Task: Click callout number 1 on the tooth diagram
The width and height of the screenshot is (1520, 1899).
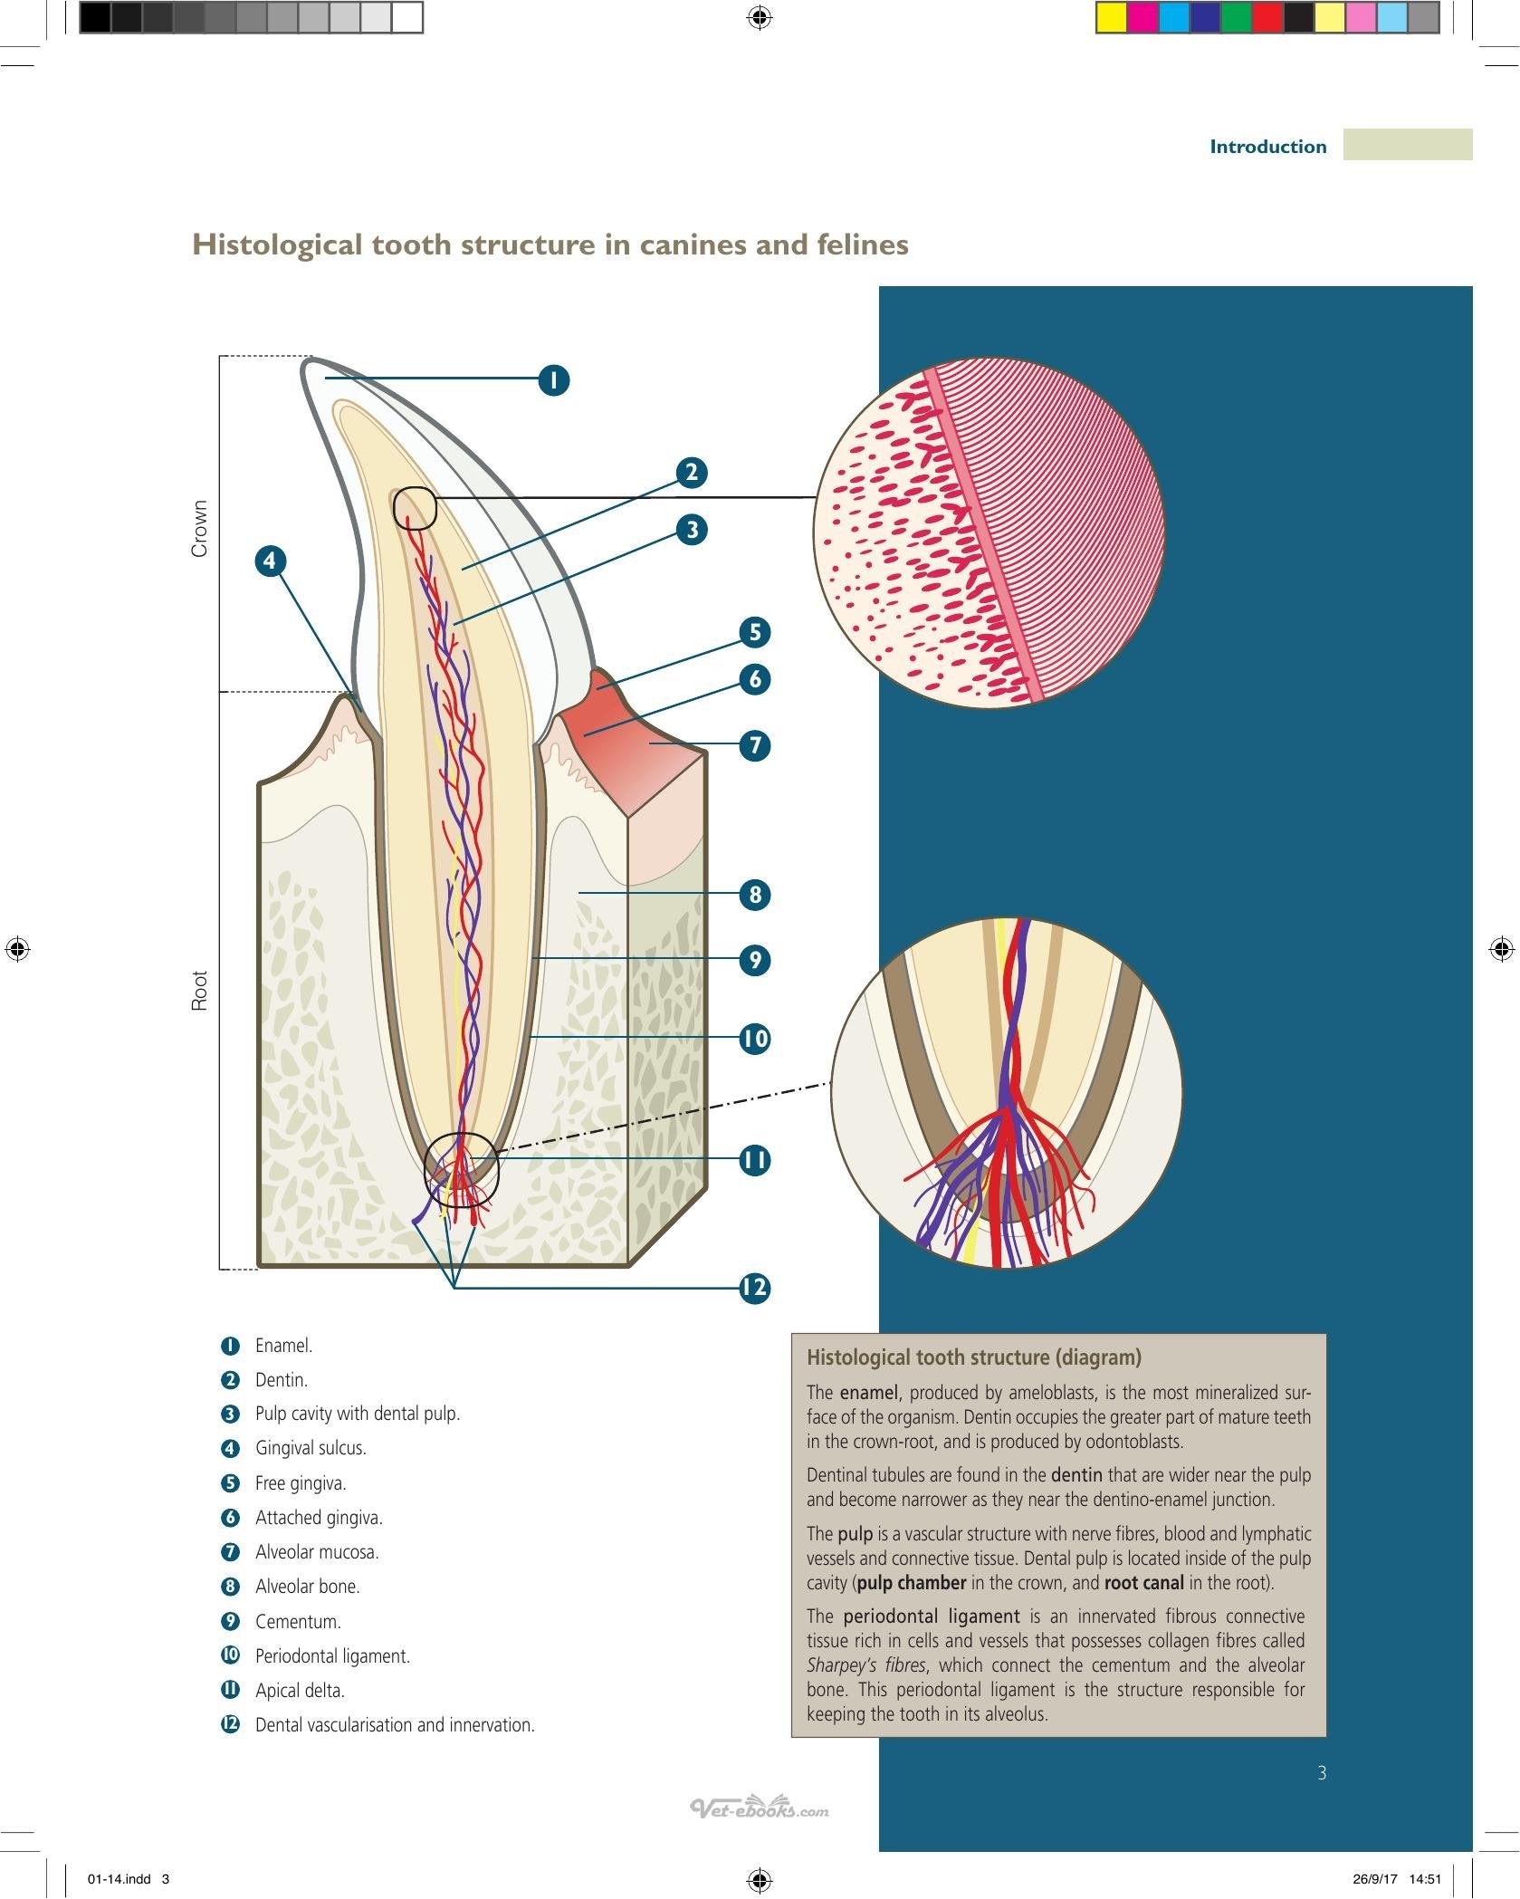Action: (554, 379)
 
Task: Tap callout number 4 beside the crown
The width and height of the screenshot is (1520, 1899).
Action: (270, 561)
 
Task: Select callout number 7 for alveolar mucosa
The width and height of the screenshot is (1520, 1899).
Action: (754, 745)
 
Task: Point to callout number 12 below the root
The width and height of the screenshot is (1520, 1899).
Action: (754, 1287)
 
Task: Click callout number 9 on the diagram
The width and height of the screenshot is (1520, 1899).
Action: (754, 959)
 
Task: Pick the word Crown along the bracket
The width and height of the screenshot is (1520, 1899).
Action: (199, 528)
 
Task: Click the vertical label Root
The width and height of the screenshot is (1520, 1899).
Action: (199, 990)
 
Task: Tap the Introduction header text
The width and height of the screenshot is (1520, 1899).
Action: (1267, 147)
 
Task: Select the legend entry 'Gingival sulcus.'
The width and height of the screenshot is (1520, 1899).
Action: (311, 1448)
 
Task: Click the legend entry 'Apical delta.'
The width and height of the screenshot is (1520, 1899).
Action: (300, 1690)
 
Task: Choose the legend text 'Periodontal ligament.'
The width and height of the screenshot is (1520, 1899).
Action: (332, 1655)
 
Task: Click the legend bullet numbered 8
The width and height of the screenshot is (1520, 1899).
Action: (231, 1587)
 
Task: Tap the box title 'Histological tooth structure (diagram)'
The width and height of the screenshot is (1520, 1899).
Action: (974, 1357)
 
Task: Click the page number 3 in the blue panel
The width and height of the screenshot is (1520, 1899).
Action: (1322, 1772)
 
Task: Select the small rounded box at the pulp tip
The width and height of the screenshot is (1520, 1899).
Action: (415, 508)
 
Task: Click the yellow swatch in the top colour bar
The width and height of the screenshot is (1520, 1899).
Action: (1111, 18)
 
